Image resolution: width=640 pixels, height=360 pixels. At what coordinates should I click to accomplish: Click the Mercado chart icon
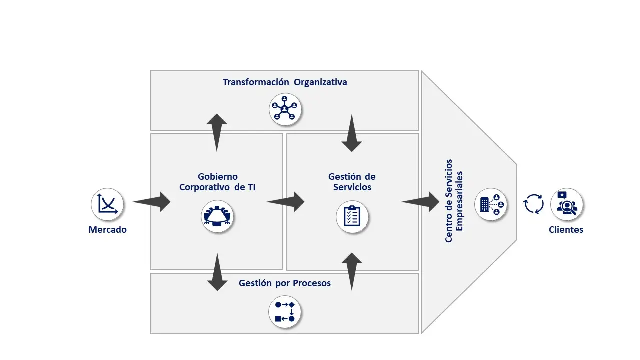pos(107,204)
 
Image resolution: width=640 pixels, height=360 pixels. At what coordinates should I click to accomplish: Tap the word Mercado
pos(107,230)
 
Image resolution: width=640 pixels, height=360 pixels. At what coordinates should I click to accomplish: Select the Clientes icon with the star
pos(566,204)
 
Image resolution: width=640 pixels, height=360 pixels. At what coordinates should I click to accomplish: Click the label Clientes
pos(566,230)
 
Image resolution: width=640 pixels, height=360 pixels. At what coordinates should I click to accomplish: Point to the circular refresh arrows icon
pos(533,204)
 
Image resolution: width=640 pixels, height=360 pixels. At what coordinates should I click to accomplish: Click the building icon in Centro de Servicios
pos(490,204)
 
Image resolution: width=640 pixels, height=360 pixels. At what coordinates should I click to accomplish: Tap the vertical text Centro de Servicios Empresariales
pos(454,201)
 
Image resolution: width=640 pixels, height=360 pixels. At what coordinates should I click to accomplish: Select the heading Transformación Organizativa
pos(285,82)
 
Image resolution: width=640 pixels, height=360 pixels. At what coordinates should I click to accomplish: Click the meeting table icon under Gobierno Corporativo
pos(217,216)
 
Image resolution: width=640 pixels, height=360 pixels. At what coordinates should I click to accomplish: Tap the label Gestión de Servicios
pos(352,182)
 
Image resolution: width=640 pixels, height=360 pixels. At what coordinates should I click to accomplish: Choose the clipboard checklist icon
pos(352,216)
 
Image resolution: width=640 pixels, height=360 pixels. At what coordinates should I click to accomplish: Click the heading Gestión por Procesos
pos(285,283)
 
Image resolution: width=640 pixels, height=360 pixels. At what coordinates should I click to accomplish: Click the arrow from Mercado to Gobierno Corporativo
pos(152,202)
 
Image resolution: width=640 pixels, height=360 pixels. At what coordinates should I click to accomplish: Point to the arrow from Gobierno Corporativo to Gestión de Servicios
pos(286,202)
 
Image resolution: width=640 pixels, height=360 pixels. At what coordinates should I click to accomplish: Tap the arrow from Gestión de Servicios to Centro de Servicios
pos(421,202)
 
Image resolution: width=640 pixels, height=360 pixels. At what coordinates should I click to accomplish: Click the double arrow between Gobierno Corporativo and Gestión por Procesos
pos(217,272)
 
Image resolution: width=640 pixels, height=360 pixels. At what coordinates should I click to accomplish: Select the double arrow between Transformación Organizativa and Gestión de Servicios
pos(352,133)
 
